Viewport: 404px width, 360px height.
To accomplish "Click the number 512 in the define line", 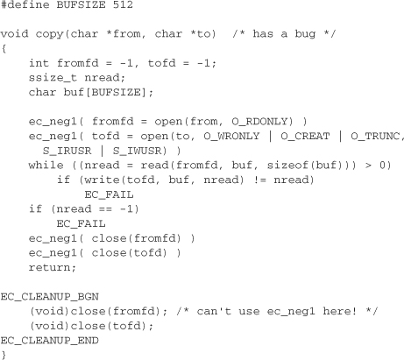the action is [123, 4].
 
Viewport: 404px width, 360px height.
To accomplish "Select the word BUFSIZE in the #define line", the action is [81, 4].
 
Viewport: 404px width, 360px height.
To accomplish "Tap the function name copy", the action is [49, 34].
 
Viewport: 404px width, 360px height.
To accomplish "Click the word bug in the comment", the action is [305, 34].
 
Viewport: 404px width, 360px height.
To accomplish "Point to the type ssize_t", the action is [53, 78].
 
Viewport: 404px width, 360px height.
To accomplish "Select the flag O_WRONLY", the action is [231, 137].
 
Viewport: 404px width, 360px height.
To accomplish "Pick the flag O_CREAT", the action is [305, 137].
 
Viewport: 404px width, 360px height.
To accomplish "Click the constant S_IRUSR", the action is [67, 151].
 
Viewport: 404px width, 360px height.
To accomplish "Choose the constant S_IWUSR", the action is [137, 151].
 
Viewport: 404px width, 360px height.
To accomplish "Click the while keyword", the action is [46, 166].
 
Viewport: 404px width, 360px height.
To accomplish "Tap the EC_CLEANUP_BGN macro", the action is [49, 297].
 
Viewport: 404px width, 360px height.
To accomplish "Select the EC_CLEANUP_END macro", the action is [49, 341].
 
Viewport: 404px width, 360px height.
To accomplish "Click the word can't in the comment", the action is [214, 311].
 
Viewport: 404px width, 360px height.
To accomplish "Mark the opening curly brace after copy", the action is [4, 49].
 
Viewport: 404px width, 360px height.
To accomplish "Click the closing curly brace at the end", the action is [4, 355].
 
